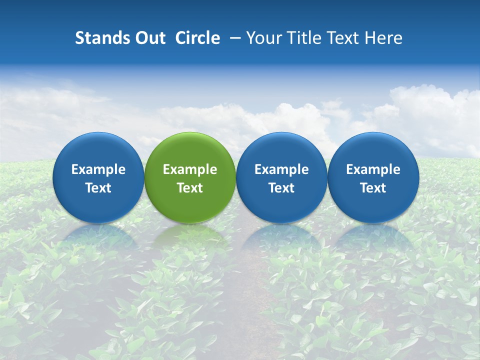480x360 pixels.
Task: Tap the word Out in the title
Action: click(x=149, y=38)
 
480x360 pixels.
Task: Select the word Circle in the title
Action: click(x=197, y=38)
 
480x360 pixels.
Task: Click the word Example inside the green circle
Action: click(x=190, y=169)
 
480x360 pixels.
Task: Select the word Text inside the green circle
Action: click(x=190, y=188)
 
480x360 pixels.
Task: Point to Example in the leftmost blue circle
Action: click(x=98, y=169)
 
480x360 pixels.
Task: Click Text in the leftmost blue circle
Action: click(x=98, y=188)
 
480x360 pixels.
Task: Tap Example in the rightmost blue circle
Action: click(x=373, y=169)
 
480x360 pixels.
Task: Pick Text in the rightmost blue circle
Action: click(x=373, y=188)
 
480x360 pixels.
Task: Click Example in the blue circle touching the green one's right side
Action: click(x=281, y=169)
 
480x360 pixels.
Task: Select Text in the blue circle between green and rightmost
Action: click(x=281, y=188)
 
